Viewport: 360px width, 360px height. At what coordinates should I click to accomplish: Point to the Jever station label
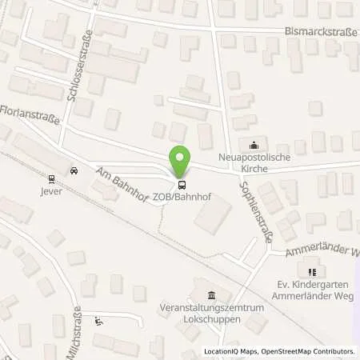click(x=52, y=192)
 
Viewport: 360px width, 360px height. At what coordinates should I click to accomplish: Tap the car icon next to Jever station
click(x=74, y=170)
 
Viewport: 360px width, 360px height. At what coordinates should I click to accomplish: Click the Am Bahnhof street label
click(x=120, y=186)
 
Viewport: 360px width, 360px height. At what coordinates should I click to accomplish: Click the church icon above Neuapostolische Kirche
click(x=254, y=145)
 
